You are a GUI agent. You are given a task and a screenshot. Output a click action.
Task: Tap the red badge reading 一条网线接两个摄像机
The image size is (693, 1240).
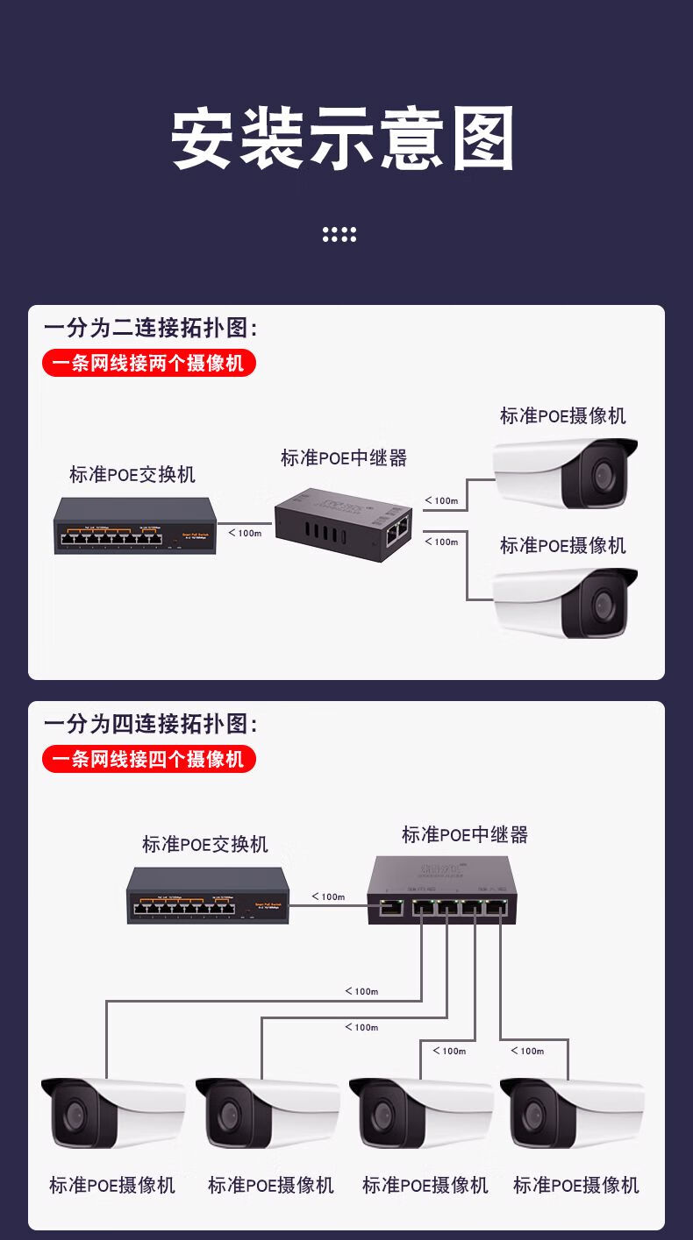click(x=148, y=362)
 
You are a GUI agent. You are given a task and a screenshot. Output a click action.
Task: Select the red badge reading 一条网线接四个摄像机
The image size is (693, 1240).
click(x=148, y=758)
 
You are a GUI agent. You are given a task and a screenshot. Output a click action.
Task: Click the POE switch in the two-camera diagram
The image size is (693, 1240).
click(x=135, y=526)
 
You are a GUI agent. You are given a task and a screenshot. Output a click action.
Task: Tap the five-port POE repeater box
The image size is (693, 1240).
click(x=442, y=889)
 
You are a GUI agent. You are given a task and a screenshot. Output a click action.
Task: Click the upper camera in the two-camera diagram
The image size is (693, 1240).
click(x=565, y=473)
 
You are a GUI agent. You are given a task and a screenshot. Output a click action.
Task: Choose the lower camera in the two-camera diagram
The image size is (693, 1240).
click(x=565, y=603)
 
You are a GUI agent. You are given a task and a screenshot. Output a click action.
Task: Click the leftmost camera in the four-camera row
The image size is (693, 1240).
click(x=112, y=1113)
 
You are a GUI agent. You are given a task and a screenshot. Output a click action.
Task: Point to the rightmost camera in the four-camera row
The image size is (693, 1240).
click(x=572, y=1113)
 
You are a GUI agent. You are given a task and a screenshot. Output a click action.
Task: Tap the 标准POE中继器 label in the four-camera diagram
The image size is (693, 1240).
click(x=465, y=835)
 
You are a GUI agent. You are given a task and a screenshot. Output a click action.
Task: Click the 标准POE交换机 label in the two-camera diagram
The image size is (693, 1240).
click(x=132, y=475)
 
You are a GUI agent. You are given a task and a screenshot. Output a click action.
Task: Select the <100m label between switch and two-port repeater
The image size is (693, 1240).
click(x=245, y=533)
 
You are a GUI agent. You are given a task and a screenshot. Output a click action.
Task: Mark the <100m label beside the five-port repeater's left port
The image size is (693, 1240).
click(x=328, y=896)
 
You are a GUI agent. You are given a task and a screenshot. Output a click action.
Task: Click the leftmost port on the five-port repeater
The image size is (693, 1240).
click(x=389, y=908)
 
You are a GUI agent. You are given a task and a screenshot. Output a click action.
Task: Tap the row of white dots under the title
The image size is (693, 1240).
click(x=339, y=234)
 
